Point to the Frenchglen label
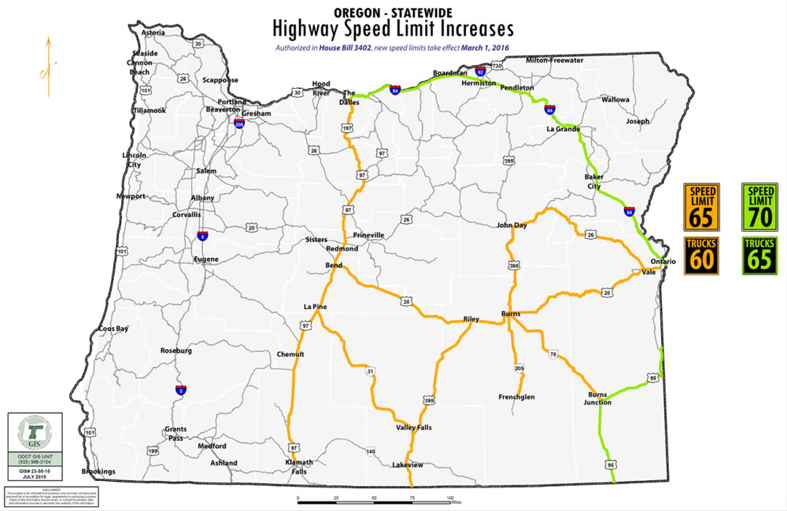516,397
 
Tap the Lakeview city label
408,465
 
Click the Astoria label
153,33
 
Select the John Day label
512,226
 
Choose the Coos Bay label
113,329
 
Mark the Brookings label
98,472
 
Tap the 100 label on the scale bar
450,498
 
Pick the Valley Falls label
413,428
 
